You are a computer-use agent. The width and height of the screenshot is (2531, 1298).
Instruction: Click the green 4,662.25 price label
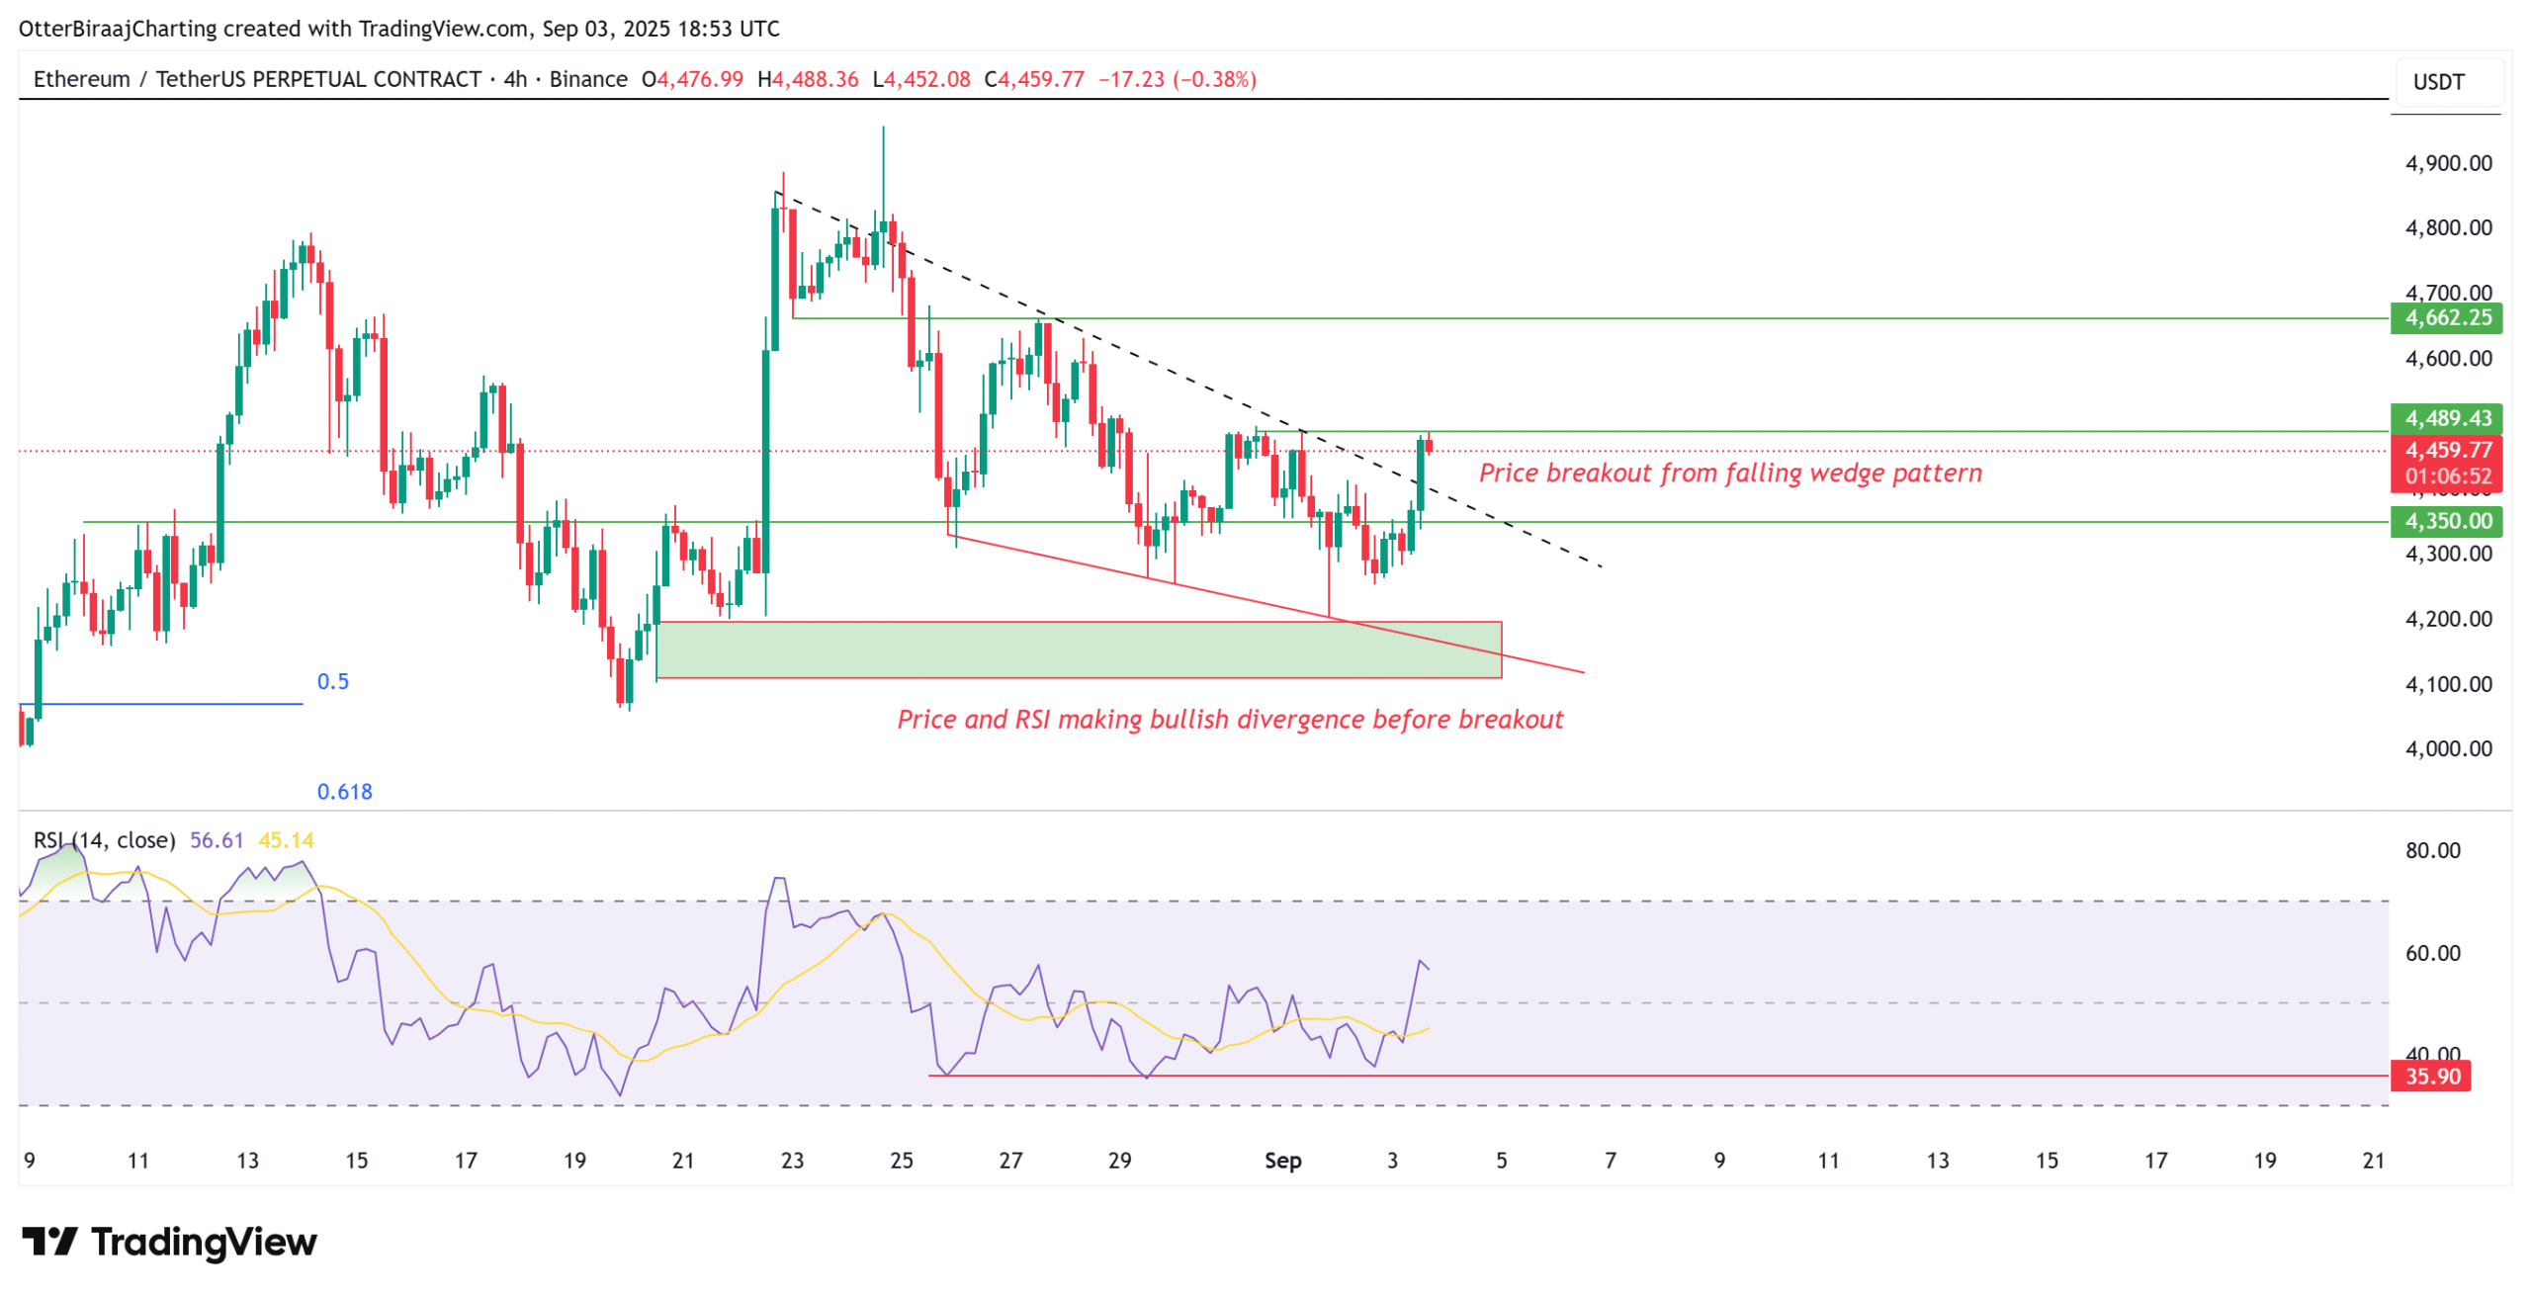tap(2446, 317)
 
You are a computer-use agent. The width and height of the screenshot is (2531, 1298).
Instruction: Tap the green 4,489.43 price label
tap(2446, 417)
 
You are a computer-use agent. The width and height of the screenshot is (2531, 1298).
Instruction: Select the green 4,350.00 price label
tap(2446, 520)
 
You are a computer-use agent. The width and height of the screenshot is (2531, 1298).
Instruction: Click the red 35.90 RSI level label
tap(2430, 1075)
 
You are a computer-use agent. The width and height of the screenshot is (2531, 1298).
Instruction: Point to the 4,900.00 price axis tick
tap(2447, 163)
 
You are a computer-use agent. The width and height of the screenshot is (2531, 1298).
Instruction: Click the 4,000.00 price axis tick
tap(2447, 748)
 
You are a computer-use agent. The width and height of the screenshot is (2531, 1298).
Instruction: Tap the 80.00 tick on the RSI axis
tap(2431, 850)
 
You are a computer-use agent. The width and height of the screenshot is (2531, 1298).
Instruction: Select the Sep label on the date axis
tap(1282, 1160)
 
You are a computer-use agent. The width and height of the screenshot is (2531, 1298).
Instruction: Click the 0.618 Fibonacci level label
tap(344, 791)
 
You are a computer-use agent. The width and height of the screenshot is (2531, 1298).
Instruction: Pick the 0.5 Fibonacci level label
tap(332, 681)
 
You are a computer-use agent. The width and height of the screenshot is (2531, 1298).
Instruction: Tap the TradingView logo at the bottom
tap(169, 1241)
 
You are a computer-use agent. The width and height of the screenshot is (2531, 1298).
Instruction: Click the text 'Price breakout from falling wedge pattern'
tap(1729, 473)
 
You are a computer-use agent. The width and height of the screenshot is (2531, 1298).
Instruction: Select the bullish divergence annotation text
tap(1229, 719)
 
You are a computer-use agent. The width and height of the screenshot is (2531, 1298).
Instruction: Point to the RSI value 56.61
tap(216, 840)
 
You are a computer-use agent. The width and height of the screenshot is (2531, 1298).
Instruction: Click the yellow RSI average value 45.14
tap(286, 840)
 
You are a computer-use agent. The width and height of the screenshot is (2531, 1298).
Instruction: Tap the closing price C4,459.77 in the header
tap(1034, 79)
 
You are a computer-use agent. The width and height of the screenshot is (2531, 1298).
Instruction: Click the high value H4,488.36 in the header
tap(808, 79)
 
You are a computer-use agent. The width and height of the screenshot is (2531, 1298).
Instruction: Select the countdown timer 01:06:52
tap(2447, 476)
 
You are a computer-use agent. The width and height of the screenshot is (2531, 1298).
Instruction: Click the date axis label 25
tap(901, 1160)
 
